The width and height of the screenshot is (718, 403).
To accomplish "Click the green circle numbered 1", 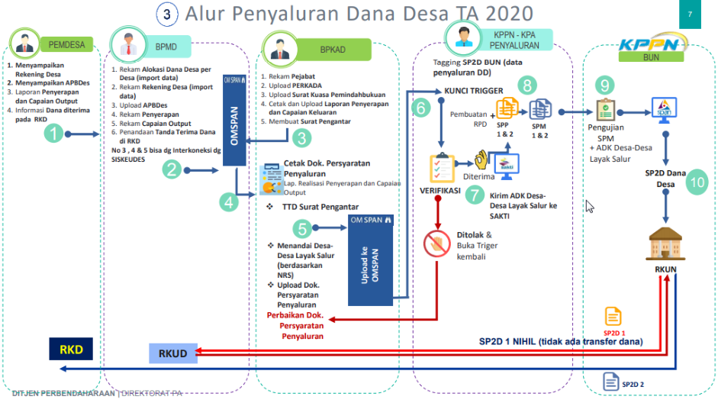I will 53,134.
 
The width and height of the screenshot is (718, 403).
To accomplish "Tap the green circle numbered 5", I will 304,227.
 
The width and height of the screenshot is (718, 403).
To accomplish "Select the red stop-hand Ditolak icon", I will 439,242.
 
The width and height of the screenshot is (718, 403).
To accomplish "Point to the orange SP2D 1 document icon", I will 613,317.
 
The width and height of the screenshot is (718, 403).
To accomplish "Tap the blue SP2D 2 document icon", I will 610,380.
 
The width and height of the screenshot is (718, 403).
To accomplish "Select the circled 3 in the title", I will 167,14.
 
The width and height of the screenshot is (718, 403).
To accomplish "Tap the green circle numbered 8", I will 526,85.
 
